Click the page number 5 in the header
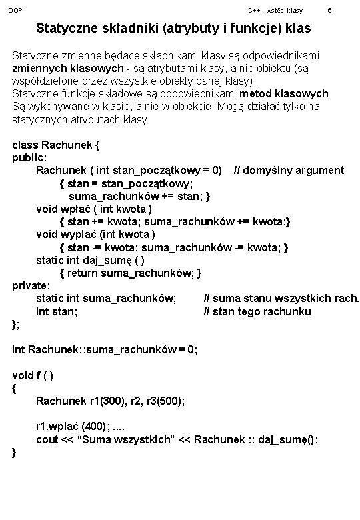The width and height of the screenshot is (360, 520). point(329,11)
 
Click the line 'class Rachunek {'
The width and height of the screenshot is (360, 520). point(56,145)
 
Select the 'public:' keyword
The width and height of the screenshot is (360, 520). point(30,157)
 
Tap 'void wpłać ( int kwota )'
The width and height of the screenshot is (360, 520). point(98,209)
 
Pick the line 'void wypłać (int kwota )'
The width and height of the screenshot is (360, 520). point(96,235)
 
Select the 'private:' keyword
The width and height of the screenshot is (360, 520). point(31,286)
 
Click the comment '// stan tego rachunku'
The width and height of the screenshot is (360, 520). point(257,311)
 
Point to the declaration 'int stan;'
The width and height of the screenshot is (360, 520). point(57,311)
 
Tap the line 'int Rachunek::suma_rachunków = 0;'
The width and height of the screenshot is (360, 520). point(105,349)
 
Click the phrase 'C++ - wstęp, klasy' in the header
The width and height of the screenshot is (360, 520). point(275,11)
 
